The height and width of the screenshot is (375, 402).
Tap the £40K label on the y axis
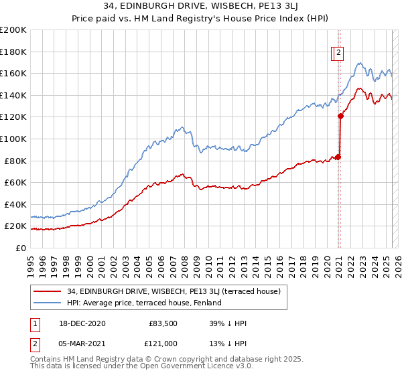point(15,204)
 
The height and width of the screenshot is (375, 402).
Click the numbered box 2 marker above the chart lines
point(339,54)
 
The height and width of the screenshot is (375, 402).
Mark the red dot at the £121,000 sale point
point(340,116)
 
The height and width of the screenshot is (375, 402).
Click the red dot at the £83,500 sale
point(338,157)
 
